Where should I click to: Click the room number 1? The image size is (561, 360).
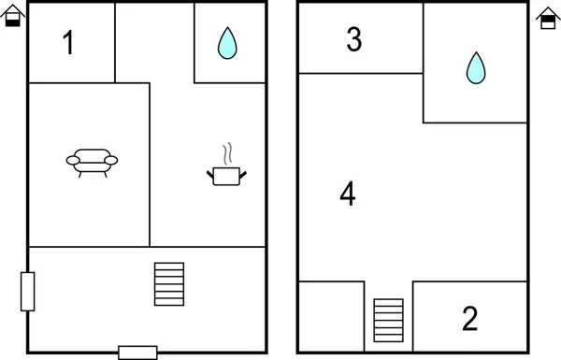tap(68, 43)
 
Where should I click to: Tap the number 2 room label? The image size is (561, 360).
tap(470, 319)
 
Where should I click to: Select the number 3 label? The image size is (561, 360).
tap(353, 39)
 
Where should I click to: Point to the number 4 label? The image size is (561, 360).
tap(347, 194)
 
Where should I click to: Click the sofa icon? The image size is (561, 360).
tap(92, 163)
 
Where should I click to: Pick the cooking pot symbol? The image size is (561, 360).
tap(225, 175)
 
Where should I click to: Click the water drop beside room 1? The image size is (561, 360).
tap(226, 43)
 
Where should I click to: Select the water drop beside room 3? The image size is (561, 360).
tap(476, 67)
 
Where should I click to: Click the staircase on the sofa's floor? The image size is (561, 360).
tap(169, 283)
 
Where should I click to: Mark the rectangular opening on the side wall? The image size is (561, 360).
tap(28, 291)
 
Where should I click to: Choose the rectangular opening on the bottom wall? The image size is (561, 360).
tap(137, 353)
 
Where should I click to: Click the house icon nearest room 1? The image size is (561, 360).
tap(12, 16)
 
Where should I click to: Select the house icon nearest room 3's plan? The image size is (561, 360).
tap(548, 16)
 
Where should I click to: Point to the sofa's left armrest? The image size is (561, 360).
tap(72, 161)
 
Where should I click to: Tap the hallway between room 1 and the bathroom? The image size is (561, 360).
tap(154, 42)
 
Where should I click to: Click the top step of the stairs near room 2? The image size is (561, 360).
tap(388, 303)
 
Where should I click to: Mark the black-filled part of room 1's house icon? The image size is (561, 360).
tap(12, 21)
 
